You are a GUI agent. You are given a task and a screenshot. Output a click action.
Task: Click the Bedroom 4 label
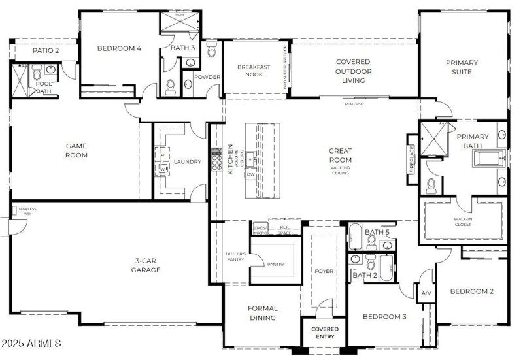point(120,48)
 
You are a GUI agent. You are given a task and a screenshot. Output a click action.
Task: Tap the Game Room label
point(76,150)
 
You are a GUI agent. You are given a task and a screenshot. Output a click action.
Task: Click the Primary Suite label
point(462,67)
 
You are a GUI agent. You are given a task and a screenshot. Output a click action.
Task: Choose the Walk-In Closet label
point(463,221)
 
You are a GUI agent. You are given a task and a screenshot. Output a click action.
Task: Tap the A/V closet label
point(426,293)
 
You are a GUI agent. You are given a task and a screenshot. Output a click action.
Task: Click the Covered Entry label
point(324,333)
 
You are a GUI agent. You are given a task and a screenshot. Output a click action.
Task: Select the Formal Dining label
point(262,313)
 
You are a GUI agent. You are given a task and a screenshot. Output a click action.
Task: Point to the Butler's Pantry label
point(235,257)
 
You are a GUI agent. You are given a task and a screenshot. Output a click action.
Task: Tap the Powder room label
point(208,77)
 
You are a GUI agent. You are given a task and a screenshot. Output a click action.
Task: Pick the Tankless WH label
point(27,212)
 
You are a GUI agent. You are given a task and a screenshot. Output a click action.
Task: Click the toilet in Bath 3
point(171,86)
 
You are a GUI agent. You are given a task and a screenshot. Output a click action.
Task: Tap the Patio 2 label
point(46,50)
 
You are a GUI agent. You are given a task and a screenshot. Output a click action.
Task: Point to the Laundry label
point(187,162)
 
